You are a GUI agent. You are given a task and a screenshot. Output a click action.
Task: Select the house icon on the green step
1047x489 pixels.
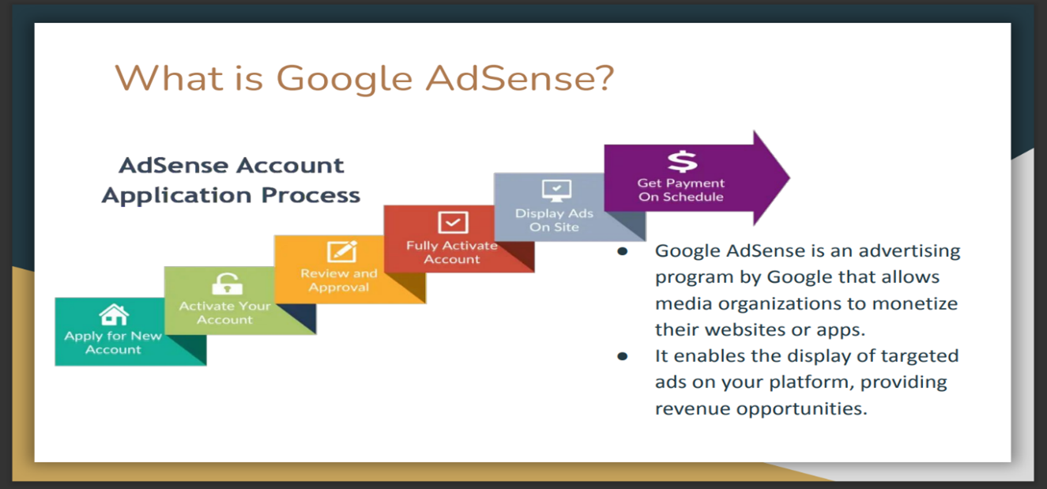pyautogui.click(x=114, y=315)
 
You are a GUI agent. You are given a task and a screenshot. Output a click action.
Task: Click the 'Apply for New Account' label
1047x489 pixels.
pyautogui.click(x=113, y=343)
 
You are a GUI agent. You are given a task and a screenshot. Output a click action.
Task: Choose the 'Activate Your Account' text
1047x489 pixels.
pyautogui.click(x=225, y=313)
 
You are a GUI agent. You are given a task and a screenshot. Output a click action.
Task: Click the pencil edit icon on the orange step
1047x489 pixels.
pyautogui.click(x=341, y=251)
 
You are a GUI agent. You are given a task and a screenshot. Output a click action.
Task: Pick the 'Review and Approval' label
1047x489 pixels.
pyautogui.click(x=339, y=280)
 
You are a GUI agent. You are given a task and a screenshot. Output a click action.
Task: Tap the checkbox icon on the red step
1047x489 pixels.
pyautogui.click(x=453, y=222)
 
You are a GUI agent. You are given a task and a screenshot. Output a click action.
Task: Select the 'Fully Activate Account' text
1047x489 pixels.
pyautogui.click(x=452, y=252)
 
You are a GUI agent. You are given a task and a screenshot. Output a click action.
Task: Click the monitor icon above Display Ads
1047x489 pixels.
pyautogui.click(x=556, y=190)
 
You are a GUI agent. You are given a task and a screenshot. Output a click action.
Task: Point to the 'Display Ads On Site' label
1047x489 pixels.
pyautogui.click(x=555, y=220)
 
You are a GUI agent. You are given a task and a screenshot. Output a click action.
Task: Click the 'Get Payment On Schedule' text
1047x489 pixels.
pyautogui.click(x=680, y=190)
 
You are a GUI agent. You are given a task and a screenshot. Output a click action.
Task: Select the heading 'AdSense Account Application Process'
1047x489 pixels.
pyautogui.click(x=231, y=180)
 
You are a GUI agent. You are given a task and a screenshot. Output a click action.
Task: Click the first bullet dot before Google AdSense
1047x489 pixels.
pyautogui.click(x=623, y=252)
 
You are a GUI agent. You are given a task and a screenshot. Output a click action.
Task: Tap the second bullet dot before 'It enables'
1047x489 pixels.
pyautogui.click(x=623, y=356)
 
